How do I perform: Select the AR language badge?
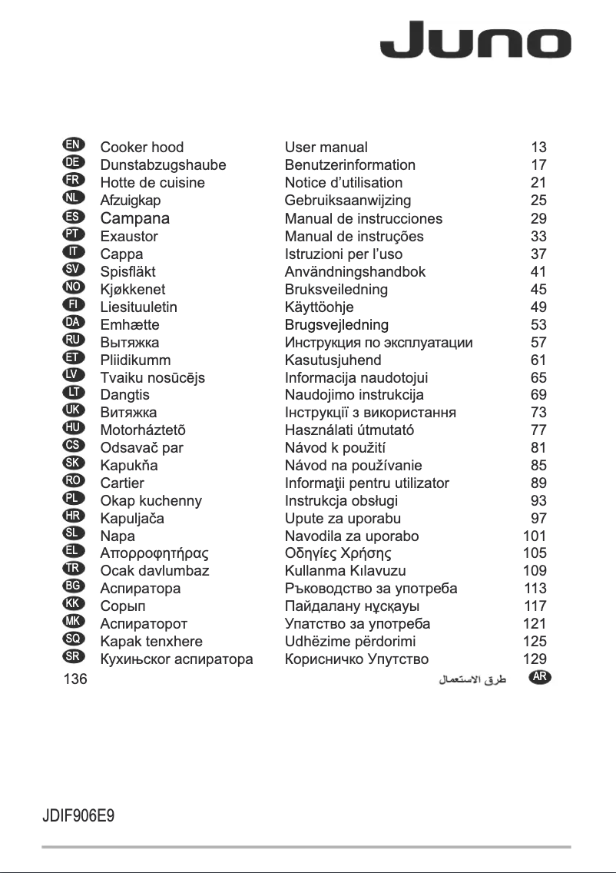point(541,677)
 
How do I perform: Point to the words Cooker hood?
point(142,147)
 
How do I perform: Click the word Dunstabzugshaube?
point(163,164)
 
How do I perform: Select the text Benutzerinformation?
point(349,164)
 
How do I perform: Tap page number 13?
point(538,147)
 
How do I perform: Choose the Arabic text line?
point(472,679)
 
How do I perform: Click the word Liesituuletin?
point(138,307)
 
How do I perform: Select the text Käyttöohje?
point(319,307)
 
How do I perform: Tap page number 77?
point(538,430)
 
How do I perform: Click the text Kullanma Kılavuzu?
point(345,571)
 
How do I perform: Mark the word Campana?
point(135,218)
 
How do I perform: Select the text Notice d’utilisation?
point(343,182)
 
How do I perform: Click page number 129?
point(535,659)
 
